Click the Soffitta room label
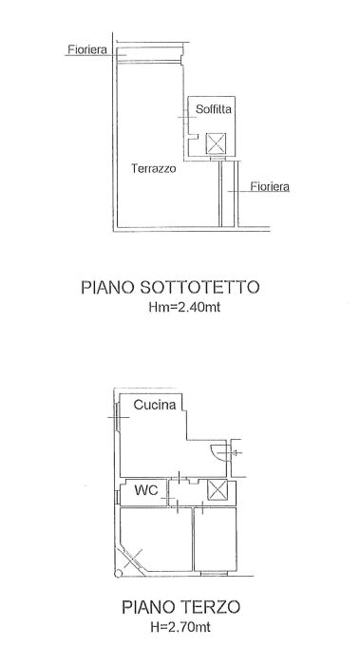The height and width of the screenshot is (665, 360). [x=214, y=109]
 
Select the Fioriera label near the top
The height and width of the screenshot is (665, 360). [x=87, y=49]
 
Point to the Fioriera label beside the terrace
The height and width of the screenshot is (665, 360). [x=270, y=186]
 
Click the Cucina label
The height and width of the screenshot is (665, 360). [x=155, y=405]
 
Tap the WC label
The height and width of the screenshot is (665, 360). [x=146, y=490]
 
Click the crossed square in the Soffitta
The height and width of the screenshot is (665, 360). [x=216, y=143]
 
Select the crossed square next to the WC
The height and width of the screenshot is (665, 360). [x=218, y=490]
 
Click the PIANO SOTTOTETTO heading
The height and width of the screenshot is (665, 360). [x=170, y=287]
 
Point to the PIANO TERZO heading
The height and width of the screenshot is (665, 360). [x=181, y=607]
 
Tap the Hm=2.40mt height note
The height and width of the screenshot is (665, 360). [x=184, y=307]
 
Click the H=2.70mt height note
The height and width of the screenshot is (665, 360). [x=180, y=626]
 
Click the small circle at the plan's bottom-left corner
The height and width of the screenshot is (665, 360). [x=119, y=574]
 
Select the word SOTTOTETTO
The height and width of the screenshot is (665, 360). [x=199, y=287]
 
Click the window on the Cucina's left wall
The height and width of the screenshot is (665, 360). [x=117, y=417]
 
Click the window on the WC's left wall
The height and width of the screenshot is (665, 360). [x=118, y=497]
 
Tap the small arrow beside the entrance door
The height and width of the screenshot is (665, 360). [x=236, y=453]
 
